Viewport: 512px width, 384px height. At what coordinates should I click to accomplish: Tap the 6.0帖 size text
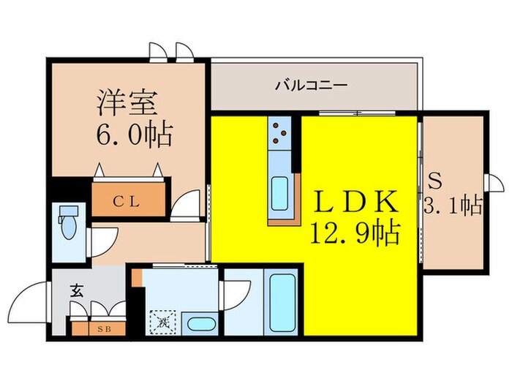[132, 135]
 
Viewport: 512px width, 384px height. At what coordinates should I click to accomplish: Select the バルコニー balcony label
[311, 86]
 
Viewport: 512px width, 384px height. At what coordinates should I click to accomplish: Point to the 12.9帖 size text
[356, 233]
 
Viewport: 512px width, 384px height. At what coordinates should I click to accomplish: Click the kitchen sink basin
[281, 194]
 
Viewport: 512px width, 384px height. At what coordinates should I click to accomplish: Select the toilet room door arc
[105, 240]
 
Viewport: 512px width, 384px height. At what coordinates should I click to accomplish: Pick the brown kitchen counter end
[285, 218]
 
